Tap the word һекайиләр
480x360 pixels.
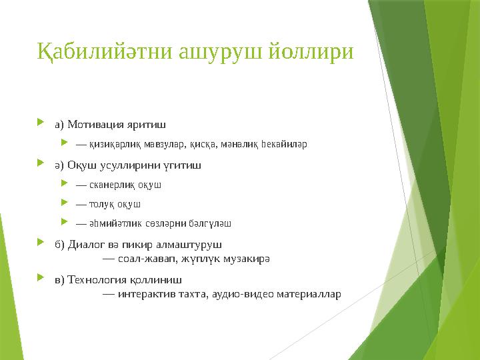[283, 143]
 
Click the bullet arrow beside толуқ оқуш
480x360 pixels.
[64, 203]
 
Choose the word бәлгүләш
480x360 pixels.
[213, 223]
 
